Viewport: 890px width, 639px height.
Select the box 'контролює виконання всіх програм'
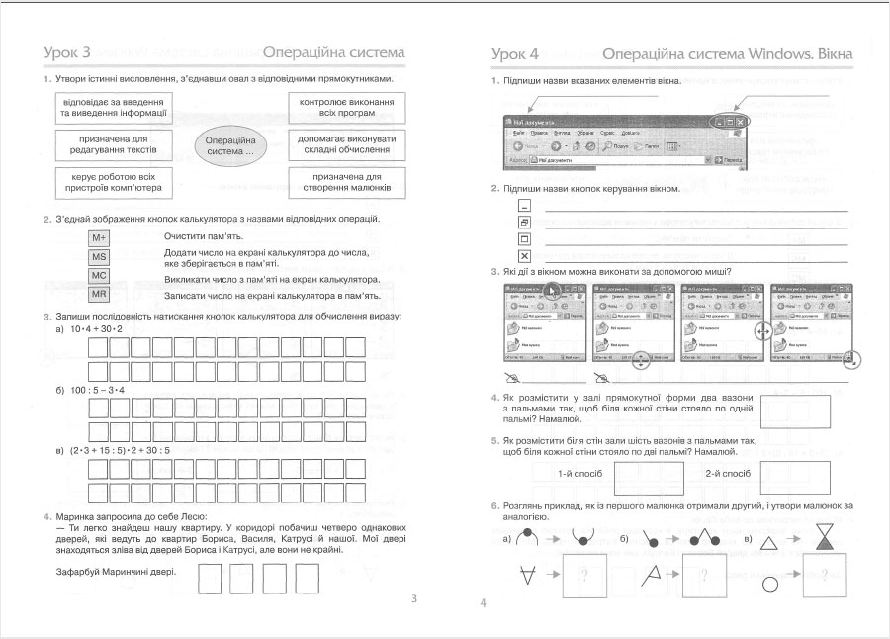point(346,108)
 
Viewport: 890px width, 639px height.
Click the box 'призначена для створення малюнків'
point(346,181)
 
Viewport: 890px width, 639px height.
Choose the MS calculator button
point(99,257)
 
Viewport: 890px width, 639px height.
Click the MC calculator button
point(99,275)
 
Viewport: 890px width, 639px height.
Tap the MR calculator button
point(99,294)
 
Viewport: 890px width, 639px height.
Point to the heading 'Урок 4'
point(515,53)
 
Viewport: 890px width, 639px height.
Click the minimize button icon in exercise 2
point(525,205)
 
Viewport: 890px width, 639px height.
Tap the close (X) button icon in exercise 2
point(525,256)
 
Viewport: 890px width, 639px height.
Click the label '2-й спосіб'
point(728,473)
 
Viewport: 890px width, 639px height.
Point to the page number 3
point(414,598)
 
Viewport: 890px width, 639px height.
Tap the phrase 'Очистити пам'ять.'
point(204,237)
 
